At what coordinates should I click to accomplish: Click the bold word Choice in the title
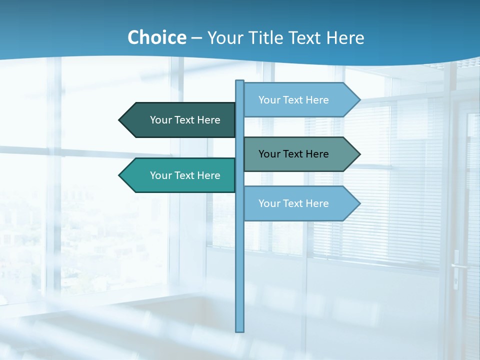(x=156, y=37)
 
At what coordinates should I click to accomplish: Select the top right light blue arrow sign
(x=300, y=100)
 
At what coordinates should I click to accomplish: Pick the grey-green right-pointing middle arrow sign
(x=300, y=154)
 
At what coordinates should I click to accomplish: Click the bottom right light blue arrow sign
(x=300, y=203)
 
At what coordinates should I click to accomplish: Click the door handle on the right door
(x=456, y=266)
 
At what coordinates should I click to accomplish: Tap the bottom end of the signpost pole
(x=240, y=330)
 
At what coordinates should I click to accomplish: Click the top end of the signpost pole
(x=240, y=81)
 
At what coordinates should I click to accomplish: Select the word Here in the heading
(x=345, y=37)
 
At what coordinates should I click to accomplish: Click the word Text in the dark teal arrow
(x=185, y=120)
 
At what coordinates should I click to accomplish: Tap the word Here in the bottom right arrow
(x=317, y=203)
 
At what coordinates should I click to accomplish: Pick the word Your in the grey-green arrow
(x=269, y=154)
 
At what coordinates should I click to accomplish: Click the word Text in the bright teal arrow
(x=185, y=175)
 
